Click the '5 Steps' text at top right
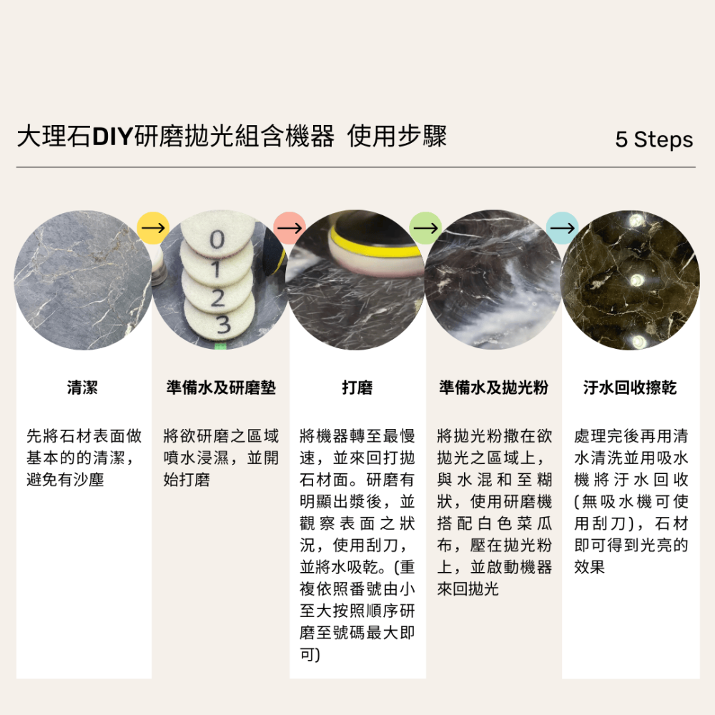click(x=654, y=139)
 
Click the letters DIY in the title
click(x=113, y=137)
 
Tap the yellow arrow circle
click(x=153, y=228)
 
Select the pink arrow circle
click(x=289, y=228)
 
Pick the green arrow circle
click(x=425, y=228)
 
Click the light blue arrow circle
click(x=562, y=228)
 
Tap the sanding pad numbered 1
click(x=216, y=267)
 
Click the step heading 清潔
click(x=83, y=388)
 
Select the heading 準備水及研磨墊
click(x=220, y=388)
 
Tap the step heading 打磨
click(x=357, y=388)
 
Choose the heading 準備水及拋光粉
click(x=493, y=388)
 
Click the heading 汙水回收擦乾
click(x=630, y=388)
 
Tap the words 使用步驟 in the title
click(x=397, y=137)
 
